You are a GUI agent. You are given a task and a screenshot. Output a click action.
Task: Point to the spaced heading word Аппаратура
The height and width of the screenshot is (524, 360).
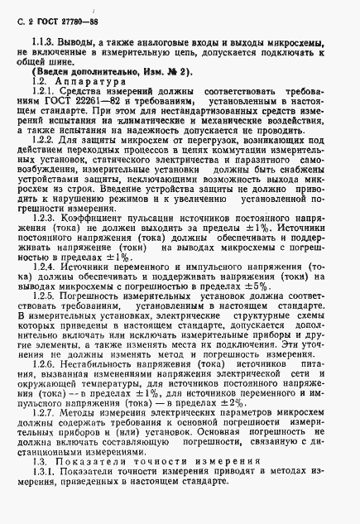87,83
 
